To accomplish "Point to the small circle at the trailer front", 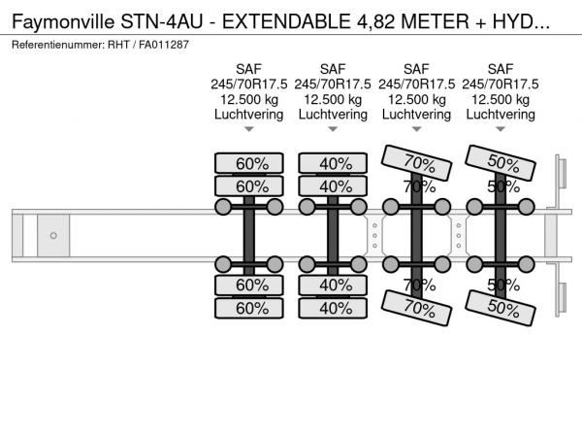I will pos(53,235).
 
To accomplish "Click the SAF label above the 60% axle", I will pos(249,68).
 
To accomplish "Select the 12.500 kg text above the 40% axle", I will pos(333,99).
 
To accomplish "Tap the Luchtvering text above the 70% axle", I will pos(416,114).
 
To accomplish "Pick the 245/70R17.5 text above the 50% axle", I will pos(501,84).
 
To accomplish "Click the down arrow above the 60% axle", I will pos(249,129).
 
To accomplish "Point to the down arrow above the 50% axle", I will pos(501,129).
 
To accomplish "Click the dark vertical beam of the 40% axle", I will pos(333,235).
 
